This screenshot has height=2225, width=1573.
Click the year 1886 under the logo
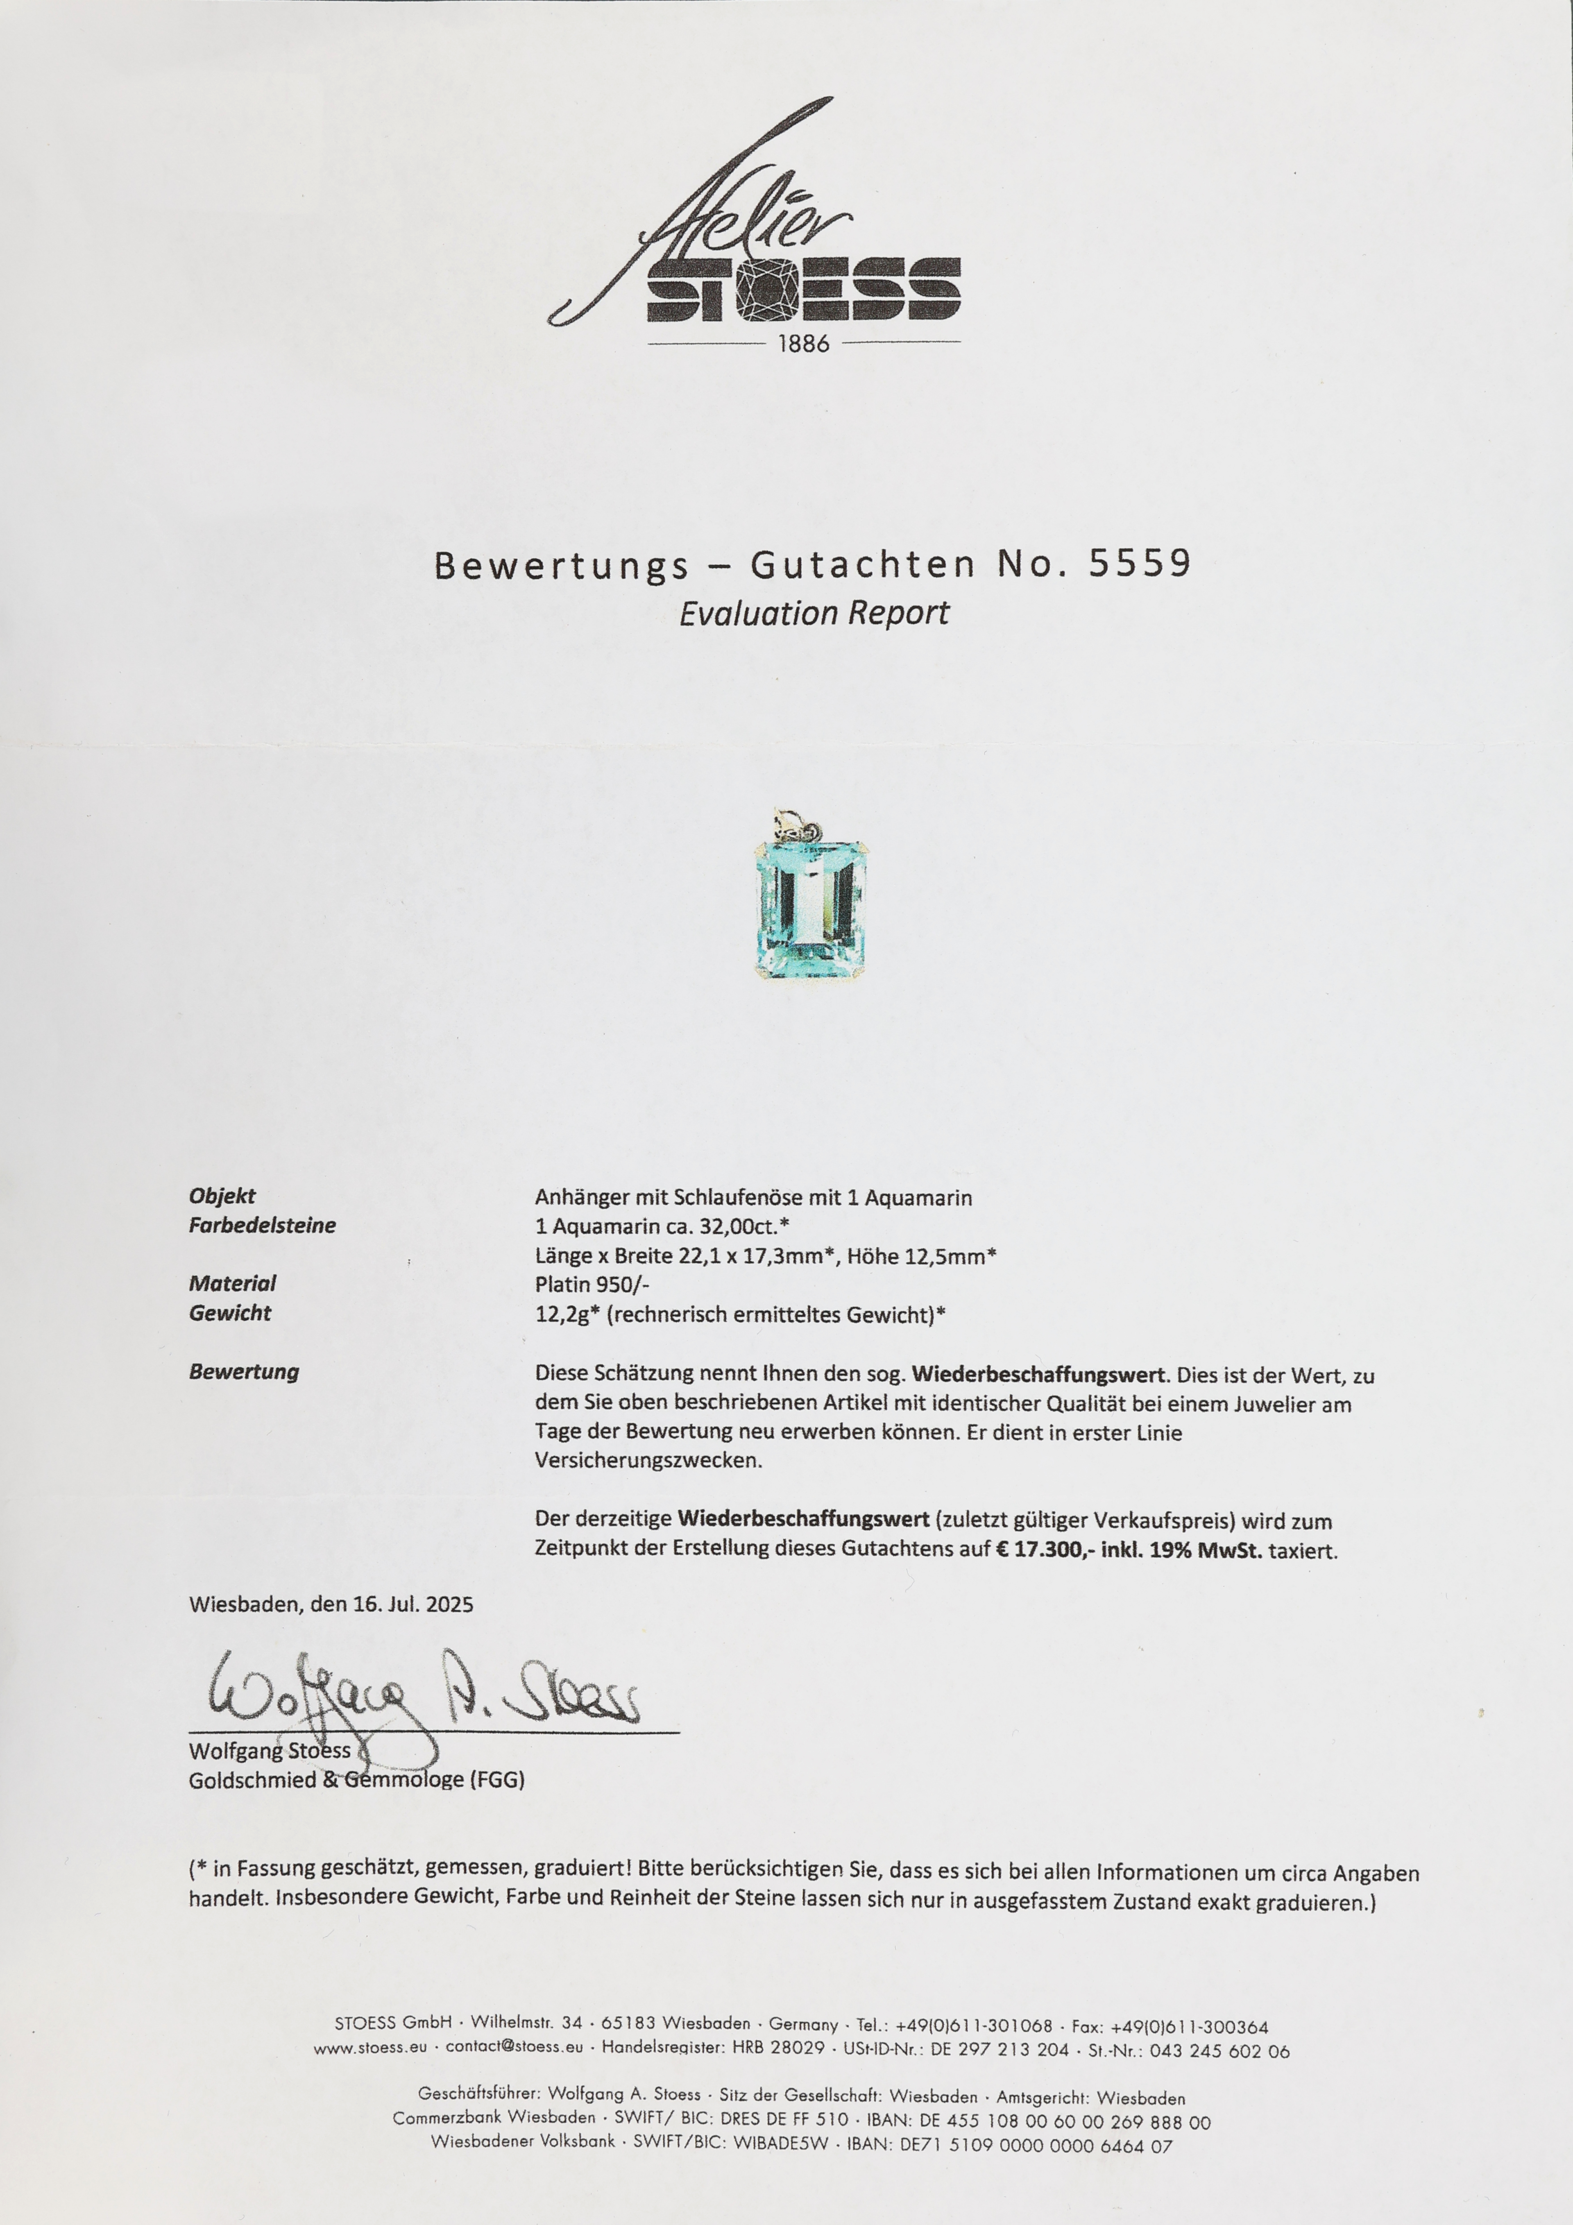(x=803, y=344)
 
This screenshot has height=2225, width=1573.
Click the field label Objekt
(x=222, y=1196)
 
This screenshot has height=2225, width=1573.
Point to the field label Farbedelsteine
(x=262, y=1225)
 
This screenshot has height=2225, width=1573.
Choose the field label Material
(x=231, y=1283)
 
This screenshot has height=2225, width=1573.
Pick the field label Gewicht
(x=230, y=1313)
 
